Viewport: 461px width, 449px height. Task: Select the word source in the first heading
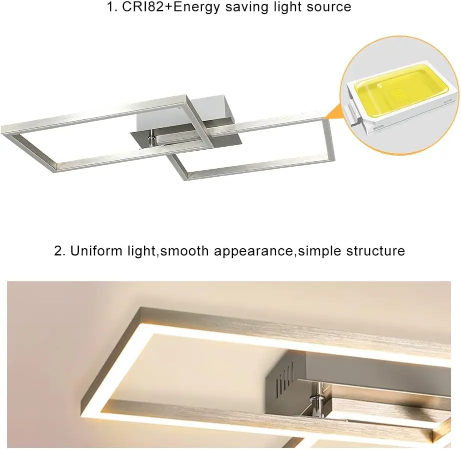point(327,7)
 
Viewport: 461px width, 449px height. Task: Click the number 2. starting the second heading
point(60,251)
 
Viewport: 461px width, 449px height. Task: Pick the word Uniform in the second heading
point(95,251)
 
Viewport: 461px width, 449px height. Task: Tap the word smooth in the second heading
point(185,251)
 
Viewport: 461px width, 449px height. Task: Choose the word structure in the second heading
point(375,251)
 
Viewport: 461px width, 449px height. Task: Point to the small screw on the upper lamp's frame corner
point(180,106)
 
